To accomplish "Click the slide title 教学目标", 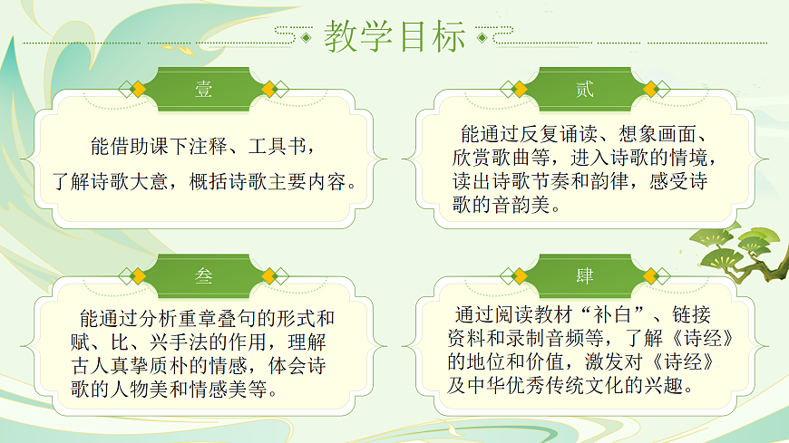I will (x=394, y=37).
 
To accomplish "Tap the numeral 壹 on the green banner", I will (x=203, y=89).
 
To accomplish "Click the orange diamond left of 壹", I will (x=139, y=89).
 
